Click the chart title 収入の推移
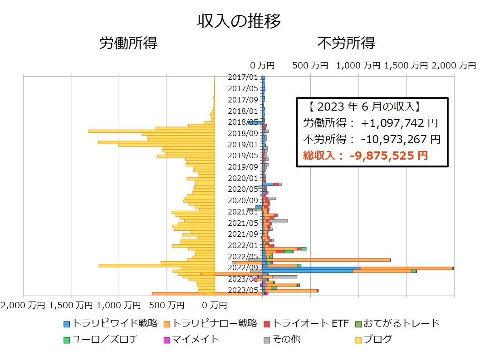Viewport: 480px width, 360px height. [239, 21]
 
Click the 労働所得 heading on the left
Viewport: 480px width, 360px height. [128, 44]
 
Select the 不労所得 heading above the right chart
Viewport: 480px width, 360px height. [346, 44]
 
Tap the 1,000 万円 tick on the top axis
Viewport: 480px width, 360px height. [358, 65]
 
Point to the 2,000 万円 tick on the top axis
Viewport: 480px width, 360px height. [454, 65]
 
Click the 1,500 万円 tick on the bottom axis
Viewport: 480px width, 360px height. [72, 306]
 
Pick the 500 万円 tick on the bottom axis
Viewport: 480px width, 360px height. [167, 306]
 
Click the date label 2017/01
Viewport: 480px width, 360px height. [243, 78]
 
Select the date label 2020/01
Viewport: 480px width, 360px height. [243, 178]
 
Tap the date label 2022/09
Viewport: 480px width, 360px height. [243, 268]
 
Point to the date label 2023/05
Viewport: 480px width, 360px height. [243, 290]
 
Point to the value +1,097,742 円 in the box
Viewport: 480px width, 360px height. [399, 123]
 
